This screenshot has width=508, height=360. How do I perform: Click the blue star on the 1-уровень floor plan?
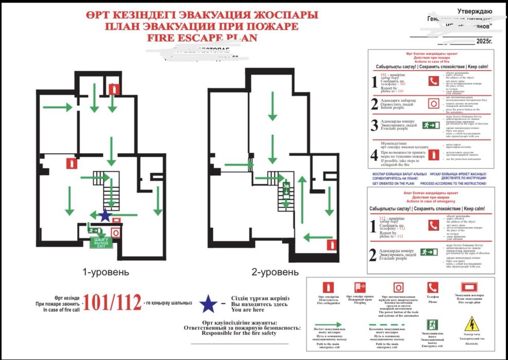coord(105,215)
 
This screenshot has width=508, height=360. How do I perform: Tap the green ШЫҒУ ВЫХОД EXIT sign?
coord(100,243)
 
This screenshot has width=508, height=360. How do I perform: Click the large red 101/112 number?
coord(112,303)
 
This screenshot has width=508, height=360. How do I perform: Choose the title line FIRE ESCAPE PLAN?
coord(202,38)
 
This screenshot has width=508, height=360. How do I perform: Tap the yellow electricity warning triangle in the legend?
coord(471,324)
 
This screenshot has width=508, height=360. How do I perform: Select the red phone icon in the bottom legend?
coord(432,287)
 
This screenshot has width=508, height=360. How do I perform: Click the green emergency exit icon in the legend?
coord(432,325)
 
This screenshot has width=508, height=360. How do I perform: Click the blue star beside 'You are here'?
coord(208,304)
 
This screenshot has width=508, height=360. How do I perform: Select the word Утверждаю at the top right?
coord(475,11)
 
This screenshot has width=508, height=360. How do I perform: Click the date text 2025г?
coord(484,41)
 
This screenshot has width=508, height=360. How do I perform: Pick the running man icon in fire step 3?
coord(430,125)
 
